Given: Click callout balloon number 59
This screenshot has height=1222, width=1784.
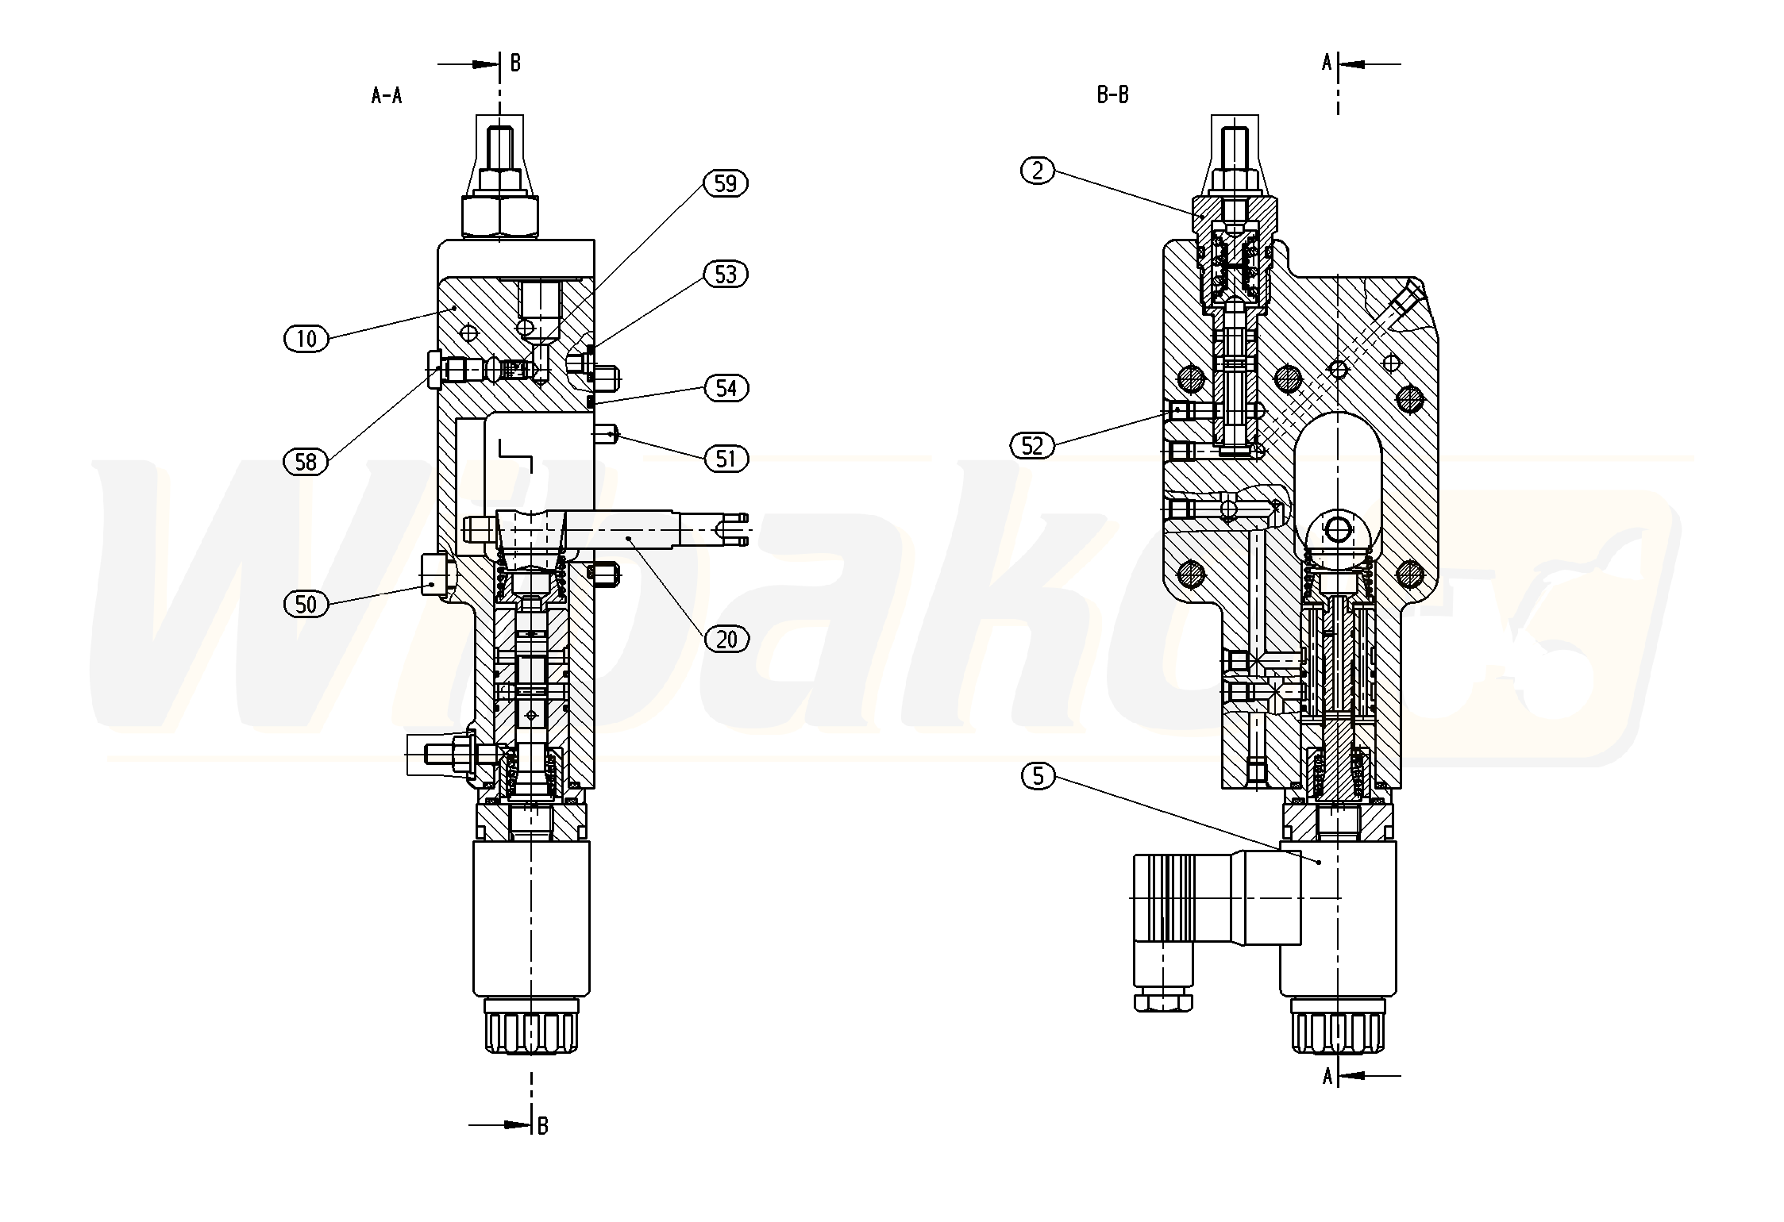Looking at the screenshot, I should point(726,183).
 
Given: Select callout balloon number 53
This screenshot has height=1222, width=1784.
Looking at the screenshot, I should point(726,275).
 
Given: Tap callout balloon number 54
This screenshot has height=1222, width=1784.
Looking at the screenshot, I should point(726,388).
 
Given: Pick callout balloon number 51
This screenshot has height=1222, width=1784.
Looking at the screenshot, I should point(726,459).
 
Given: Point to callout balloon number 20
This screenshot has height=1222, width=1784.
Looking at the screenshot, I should point(726,639).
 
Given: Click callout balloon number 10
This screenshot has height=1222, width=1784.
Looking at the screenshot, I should point(306,339).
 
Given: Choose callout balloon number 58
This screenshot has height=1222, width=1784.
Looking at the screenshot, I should point(306,461).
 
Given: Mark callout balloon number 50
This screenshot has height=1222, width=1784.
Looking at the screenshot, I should point(306,605).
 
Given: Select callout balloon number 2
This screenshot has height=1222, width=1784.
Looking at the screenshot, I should point(1038,170).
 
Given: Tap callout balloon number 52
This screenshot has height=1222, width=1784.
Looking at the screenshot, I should point(1031,446).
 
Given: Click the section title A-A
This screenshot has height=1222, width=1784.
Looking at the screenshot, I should point(387,96).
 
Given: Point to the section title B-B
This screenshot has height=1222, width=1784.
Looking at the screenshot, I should point(1112,95).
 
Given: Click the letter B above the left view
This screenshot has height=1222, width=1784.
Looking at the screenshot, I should point(515,63).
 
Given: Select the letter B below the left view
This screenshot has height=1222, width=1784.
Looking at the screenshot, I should point(542,1125).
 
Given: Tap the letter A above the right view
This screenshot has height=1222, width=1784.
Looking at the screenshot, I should point(1327,63).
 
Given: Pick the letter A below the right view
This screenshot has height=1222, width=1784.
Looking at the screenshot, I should point(1327,1076).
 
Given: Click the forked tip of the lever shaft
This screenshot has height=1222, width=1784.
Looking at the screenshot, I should point(734,528).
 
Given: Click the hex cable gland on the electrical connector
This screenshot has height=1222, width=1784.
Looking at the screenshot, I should point(1163,1003).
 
